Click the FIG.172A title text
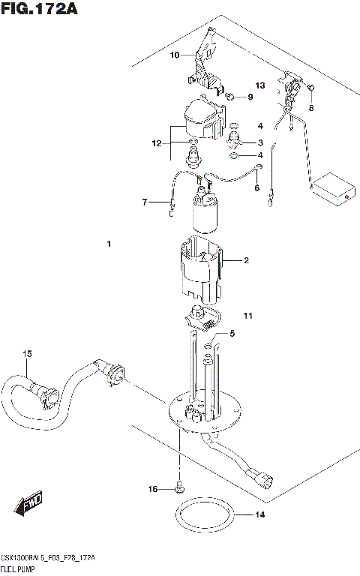point(39,10)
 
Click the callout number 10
point(174,55)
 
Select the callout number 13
point(260,85)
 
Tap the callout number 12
point(156,142)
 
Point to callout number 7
point(146,202)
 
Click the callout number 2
point(245,261)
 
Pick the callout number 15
point(27,353)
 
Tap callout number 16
point(153,490)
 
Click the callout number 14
point(260,515)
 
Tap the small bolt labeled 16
point(178,488)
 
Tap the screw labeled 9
point(232,96)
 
